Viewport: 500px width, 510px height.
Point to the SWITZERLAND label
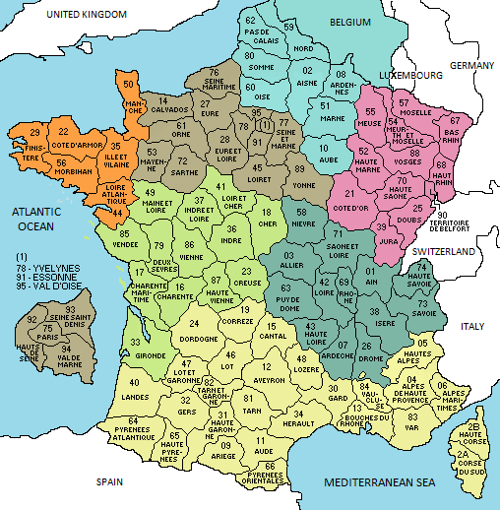click(x=446, y=252)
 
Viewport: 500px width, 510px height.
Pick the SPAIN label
click(x=110, y=483)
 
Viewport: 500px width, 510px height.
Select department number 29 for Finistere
click(x=35, y=133)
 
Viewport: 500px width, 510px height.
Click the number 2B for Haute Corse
click(x=474, y=425)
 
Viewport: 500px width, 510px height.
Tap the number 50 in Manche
click(x=130, y=86)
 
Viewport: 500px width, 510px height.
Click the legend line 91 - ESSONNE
click(x=41, y=277)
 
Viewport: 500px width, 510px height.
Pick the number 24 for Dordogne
click(x=198, y=324)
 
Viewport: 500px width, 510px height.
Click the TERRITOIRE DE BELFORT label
click(x=462, y=224)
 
